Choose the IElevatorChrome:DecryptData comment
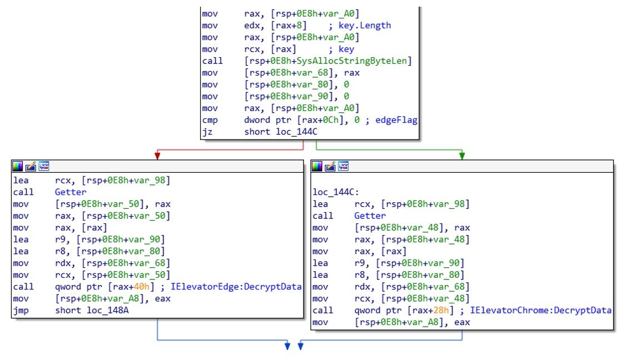click(540, 310)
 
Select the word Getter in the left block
click(71, 192)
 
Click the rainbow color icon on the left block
click(18, 166)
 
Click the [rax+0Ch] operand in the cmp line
click(322, 120)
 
